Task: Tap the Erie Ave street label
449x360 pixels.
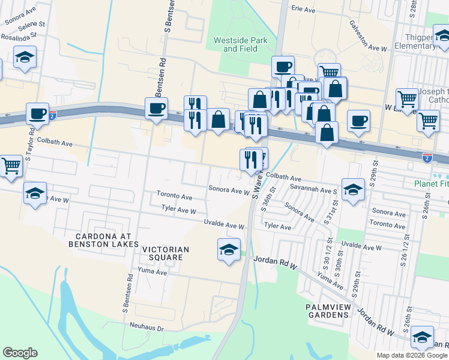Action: point(303,9)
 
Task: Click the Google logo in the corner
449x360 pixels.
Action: point(20,353)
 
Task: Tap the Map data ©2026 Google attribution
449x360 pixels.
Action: point(411,355)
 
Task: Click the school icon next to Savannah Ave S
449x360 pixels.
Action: point(354,189)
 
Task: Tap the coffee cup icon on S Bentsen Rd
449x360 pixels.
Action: point(157,109)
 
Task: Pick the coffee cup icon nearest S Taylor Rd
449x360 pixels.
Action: point(37,113)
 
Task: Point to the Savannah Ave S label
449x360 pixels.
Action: point(319,190)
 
